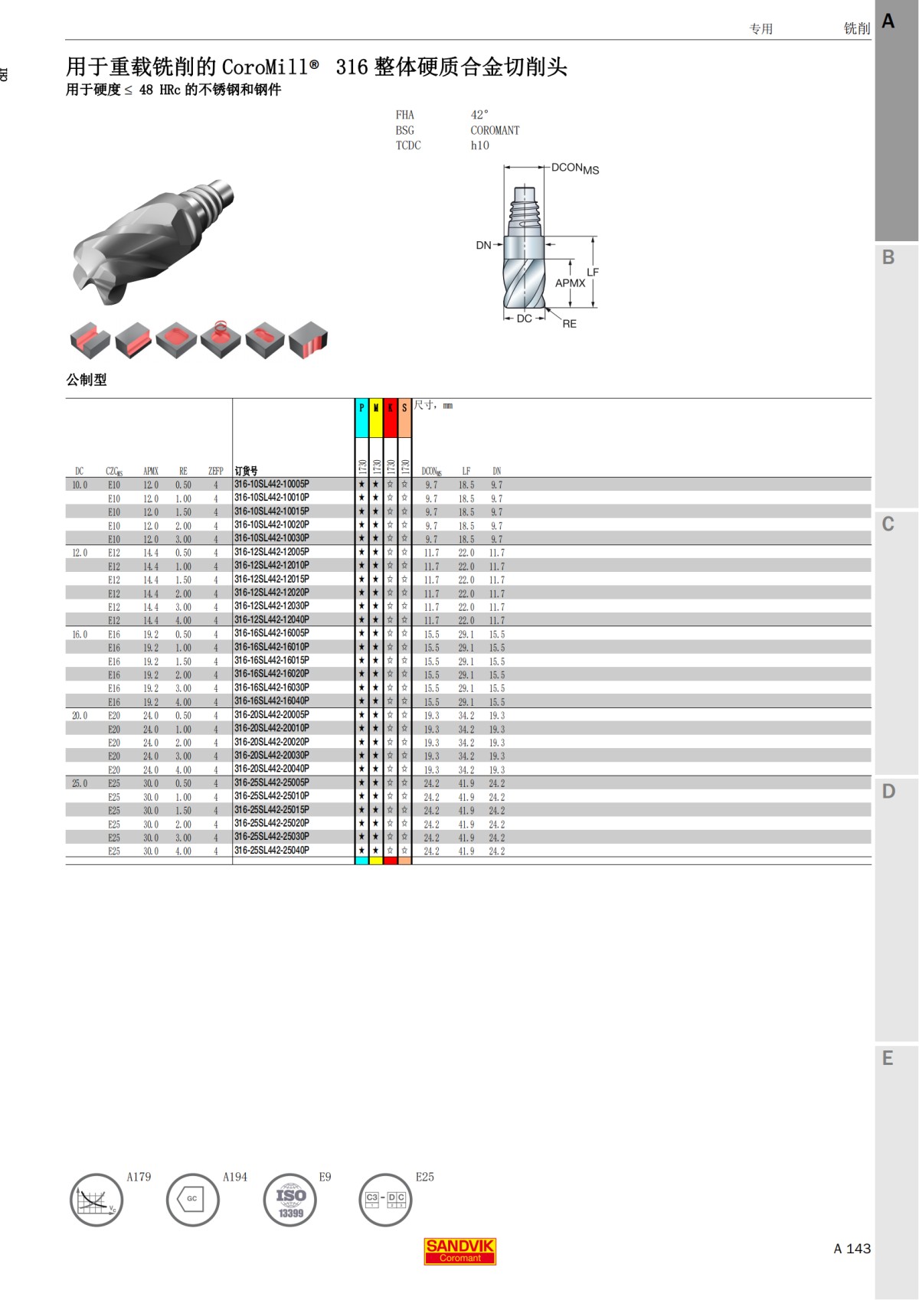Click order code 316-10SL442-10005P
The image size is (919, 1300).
[272, 484]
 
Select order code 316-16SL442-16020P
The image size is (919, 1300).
[272, 674]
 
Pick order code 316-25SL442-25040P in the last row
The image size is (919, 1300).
[272, 851]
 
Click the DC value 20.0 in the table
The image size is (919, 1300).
[80, 716]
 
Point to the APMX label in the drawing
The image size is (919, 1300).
[570, 283]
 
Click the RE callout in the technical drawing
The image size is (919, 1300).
[569, 324]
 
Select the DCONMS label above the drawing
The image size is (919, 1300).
[574, 168]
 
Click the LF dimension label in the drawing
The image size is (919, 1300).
[593, 272]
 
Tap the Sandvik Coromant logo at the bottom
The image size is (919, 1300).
[459, 1251]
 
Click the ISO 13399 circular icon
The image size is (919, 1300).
[290, 1200]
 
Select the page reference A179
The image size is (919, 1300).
[139, 1177]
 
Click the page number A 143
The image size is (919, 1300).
[852, 1249]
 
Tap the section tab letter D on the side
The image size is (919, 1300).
[888, 792]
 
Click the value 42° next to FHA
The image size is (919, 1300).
[479, 115]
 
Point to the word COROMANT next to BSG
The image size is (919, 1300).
[495, 130]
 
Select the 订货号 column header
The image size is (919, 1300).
[246, 471]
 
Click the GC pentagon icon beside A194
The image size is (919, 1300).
[192, 1199]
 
